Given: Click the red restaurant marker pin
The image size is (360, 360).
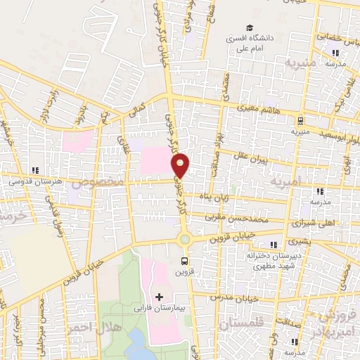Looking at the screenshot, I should tap(181, 165).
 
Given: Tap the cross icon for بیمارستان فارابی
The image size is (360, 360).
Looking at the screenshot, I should tap(159, 296).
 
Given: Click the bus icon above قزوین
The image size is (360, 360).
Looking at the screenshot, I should tap(185, 262).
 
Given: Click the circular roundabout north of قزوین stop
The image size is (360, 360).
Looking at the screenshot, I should tap(185, 239).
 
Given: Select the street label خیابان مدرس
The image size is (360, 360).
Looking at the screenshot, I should tap(236, 297).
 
